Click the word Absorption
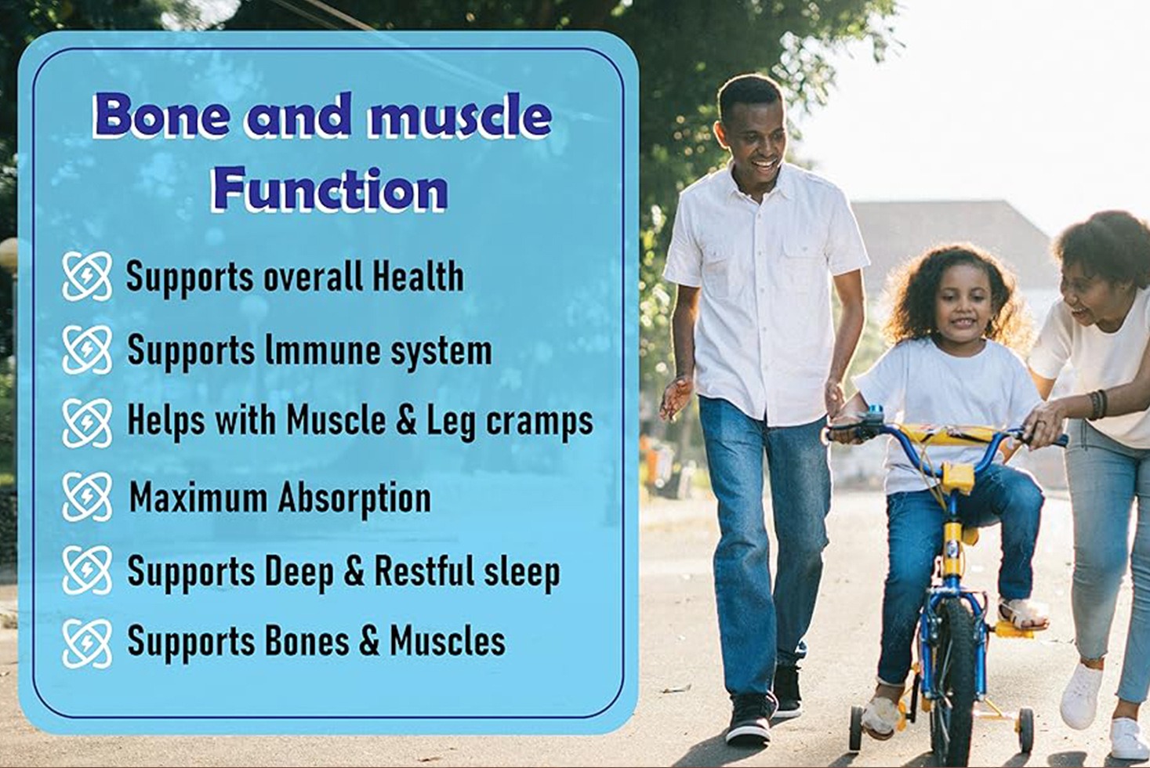tap(354, 498)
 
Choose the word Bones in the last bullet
tap(307, 641)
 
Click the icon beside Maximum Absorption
tap(87, 497)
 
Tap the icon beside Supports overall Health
tap(87, 276)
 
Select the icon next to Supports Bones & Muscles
tap(87, 643)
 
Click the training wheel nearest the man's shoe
tap(856, 729)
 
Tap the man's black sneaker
tap(750, 719)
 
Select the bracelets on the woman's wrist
tap(1097, 404)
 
